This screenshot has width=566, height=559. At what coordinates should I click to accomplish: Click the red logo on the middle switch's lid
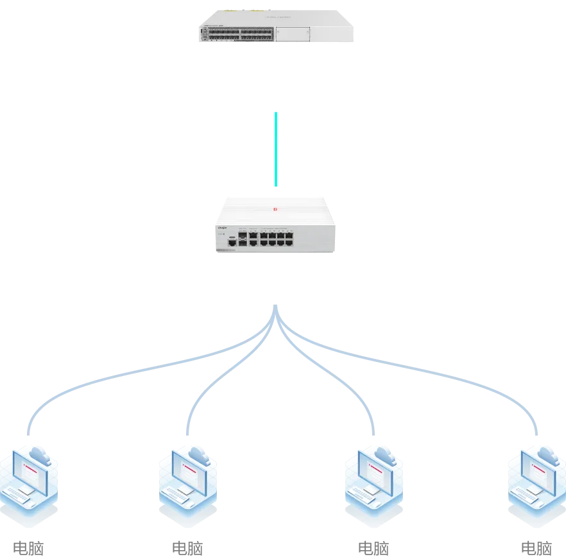[x=274, y=209]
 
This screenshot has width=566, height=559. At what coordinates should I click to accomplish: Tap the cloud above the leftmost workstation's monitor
[x=40, y=457]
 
